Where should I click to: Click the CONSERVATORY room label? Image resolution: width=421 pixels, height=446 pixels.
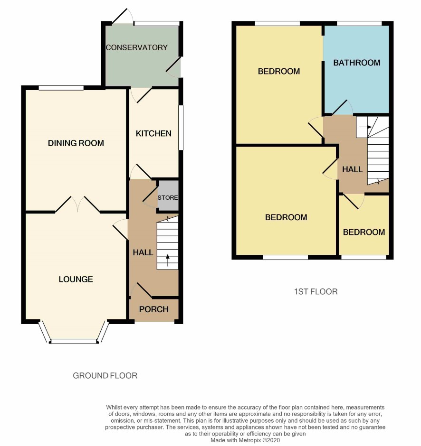click(x=137, y=47)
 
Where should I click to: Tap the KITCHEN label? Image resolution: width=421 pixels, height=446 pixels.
click(x=153, y=133)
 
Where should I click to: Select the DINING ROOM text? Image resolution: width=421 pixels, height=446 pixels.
click(x=76, y=143)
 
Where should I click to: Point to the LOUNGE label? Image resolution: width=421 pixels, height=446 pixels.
click(x=76, y=279)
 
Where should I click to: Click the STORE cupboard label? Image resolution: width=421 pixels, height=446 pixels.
click(x=167, y=198)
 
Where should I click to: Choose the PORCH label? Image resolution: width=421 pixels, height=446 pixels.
click(x=153, y=309)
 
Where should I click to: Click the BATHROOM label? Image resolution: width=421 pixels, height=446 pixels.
click(x=357, y=63)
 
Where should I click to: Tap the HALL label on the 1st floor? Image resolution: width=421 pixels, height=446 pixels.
click(x=353, y=169)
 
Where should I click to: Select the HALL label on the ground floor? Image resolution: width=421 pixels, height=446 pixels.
click(x=143, y=252)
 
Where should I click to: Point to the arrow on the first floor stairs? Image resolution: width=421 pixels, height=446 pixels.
click(x=366, y=127)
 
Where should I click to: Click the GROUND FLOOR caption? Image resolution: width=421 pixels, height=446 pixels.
click(x=105, y=376)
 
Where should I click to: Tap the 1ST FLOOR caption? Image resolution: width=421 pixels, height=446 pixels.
click(x=316, y=291)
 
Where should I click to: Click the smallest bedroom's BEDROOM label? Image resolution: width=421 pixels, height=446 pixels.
click(x=364, y=232)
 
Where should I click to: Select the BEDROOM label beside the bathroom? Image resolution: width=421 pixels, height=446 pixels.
click(x=279, y=71)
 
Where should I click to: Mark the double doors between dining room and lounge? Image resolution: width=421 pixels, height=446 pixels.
click(x=77, y=204)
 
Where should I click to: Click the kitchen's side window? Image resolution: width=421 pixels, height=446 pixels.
click(x=181, y=128)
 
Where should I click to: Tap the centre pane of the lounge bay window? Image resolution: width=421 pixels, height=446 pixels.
click(x=74, y=341)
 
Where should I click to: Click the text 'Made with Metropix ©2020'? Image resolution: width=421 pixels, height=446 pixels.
click(x=245, y=440)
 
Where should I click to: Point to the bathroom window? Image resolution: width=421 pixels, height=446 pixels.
click(x=360, y=23)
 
